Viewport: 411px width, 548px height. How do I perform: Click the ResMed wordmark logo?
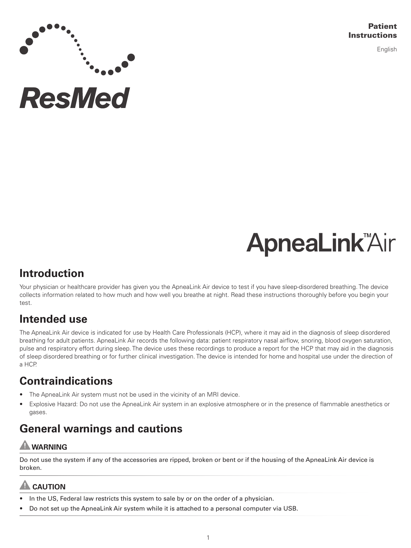pyautogui.click(x=75, y=98)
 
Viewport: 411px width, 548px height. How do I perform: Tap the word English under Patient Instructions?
pyautogui.click(x=386, y=49)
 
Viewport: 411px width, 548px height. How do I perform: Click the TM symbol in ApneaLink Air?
pyautogui.click(x=367, y=236)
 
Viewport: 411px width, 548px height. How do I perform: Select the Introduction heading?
pyautogui.click(x=52, y=273)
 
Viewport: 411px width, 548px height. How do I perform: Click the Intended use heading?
pyautogui.click(x=53, y=319)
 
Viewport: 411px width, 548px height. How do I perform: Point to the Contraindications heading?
pyautogui.click(x=66, y=381)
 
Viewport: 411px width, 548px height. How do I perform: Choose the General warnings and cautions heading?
pyautogui.click(x=101, y=429)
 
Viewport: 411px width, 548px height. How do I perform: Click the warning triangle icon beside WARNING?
pyautogui.click(x=25, y=445)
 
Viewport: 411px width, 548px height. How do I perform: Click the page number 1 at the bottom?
pyautogui.click(x=208, y=537)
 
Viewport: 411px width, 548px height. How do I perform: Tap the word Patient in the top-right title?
pyautogui.click(x=383, y=27)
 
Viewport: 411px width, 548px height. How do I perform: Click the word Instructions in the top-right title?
pyautogui.click(x=372, y=35)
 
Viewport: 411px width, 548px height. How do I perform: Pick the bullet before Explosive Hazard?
pyautogui.click(x=22, y=404)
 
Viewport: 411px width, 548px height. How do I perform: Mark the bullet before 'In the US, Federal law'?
pyautogui.click(x=22, y=499)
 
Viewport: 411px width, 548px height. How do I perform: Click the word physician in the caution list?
pyautogui.click(x=259, y=499)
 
